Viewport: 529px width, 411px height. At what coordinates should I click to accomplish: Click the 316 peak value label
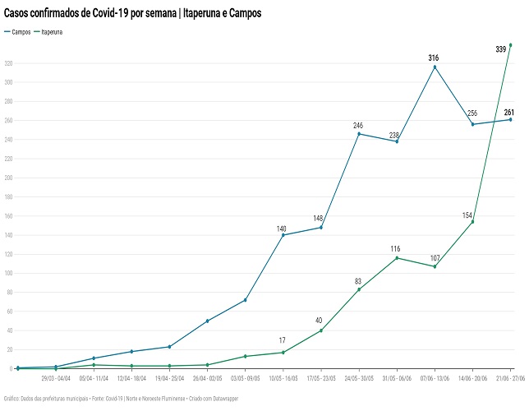point(434,58)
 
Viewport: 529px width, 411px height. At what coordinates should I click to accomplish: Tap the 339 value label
point(501,49)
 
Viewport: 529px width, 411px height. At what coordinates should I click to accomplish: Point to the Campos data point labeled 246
point(359,133)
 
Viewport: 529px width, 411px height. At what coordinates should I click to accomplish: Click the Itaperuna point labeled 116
point(397,258)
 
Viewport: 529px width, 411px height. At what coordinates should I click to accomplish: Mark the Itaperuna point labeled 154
point(472,222)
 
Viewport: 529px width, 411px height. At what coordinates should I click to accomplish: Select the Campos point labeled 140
point(283,235)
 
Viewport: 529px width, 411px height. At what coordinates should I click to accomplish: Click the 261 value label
point(508,112)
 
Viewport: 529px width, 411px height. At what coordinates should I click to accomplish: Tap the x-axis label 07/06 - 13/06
point(435,379)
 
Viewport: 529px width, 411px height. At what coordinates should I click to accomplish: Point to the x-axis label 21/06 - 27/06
point(508,379)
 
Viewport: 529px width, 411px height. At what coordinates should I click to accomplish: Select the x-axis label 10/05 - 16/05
point(283,379)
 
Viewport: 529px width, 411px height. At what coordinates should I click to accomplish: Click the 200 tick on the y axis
point(9,178)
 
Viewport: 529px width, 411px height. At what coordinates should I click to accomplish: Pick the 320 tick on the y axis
point(9,63)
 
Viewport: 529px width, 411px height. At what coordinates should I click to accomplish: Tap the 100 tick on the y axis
point(9,273)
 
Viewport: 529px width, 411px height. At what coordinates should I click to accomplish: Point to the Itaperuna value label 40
point(319,321)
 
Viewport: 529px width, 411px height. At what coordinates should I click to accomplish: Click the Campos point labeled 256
point(472,124)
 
